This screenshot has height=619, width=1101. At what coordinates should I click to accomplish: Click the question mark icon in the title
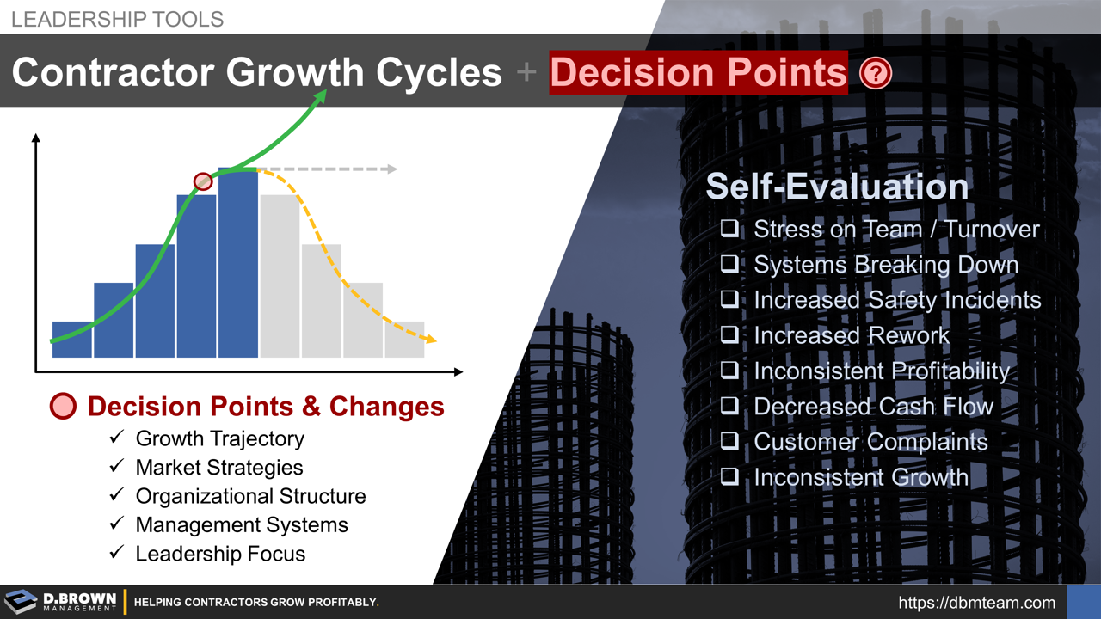[876, 74]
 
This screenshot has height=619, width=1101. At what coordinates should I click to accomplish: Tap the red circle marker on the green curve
[203, 181]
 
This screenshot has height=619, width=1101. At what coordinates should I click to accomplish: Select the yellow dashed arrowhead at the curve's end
[429, 340]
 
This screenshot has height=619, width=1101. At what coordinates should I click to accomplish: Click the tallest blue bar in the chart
[238, 262]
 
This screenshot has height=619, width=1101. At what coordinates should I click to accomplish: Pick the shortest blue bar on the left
[71, 339]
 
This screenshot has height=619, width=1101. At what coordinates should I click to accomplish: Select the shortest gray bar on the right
[404, 339]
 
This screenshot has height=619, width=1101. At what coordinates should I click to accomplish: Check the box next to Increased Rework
[729, 335]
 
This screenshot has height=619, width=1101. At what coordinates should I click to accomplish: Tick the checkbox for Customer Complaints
[729, 441]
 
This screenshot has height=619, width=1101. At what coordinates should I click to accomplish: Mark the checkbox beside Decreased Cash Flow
[729, 406]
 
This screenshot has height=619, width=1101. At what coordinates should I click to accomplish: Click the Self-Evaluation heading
[837, 187]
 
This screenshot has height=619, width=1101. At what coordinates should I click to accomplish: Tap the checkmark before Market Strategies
[117, 468]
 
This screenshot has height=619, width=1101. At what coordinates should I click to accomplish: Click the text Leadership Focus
[220, 554]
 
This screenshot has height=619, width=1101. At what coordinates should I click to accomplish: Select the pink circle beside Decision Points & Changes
[64, 407]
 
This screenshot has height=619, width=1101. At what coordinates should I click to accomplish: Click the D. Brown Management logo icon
[21, 602]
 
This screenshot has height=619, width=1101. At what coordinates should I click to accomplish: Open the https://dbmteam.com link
[976, 603]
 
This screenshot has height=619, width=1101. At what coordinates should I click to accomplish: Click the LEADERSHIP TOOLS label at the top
[117, 19]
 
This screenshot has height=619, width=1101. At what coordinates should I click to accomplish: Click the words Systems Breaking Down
[886, 265]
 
